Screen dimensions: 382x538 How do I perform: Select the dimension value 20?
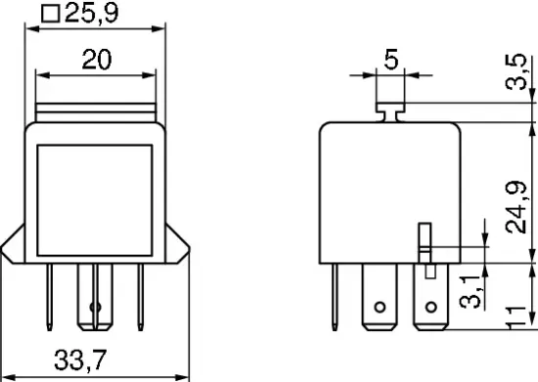[x=96, y=60]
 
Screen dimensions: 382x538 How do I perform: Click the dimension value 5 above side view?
[x=390, y=61]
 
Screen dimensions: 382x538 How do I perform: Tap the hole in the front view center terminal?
[x=95, y=310]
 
